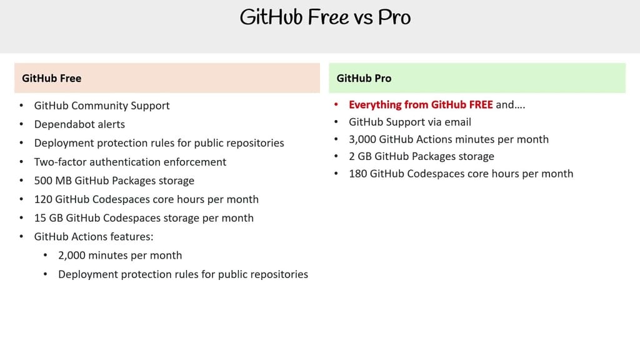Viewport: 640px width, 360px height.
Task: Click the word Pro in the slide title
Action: (x=393, y=17)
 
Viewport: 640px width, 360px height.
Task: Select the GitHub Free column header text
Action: (x=51, y=78)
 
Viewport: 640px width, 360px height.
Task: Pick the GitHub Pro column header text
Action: (x=364, y=78)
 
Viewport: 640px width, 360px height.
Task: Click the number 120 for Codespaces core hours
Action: (x=43, y=199)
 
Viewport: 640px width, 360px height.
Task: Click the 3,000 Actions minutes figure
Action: (x=362, y=139)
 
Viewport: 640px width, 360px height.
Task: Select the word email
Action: (x=457, y=122)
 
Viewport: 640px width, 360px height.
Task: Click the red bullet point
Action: (x=336, y=105)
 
